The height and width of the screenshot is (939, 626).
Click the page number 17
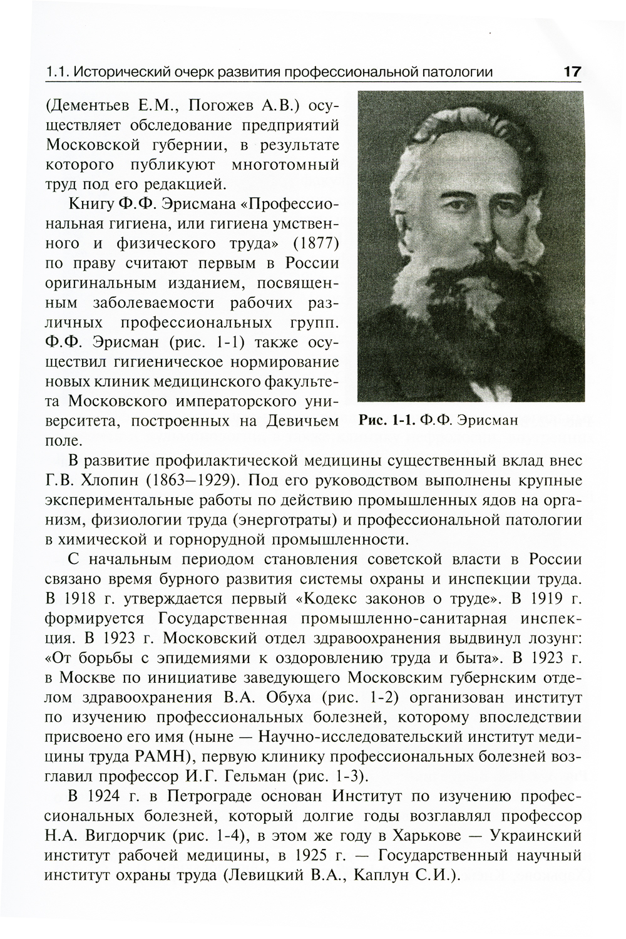coord(572,71)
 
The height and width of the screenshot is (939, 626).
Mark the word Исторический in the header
coord(125,72)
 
